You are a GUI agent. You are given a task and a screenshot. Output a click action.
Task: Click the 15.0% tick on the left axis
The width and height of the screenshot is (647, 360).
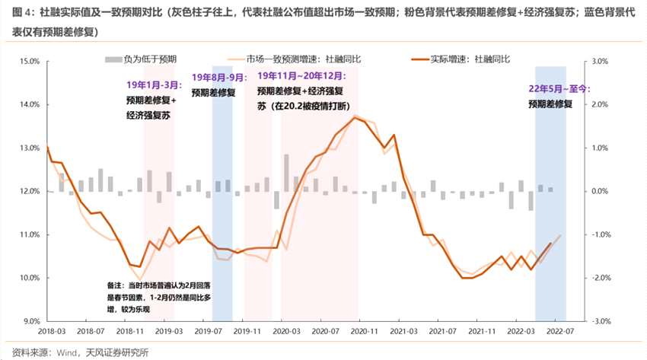point(28,61)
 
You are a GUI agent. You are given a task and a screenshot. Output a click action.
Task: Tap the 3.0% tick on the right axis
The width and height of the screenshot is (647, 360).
point(600,61)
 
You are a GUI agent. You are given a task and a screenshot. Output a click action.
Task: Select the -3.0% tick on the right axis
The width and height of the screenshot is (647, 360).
point(601,321)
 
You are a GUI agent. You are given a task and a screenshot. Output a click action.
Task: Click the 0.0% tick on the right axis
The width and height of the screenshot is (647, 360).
point(600,191)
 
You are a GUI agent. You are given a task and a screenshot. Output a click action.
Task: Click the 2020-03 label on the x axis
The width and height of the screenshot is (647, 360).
point(283,332)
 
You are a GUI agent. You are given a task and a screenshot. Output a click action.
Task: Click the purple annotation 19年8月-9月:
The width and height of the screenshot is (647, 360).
point(218,77)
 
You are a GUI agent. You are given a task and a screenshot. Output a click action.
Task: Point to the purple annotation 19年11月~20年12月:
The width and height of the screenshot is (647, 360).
point(301,76)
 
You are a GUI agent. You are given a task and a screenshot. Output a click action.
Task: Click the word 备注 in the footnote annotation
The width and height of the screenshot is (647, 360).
point(115,285)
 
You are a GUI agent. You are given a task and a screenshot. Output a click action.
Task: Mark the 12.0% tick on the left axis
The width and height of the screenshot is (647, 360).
point(28,191)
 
